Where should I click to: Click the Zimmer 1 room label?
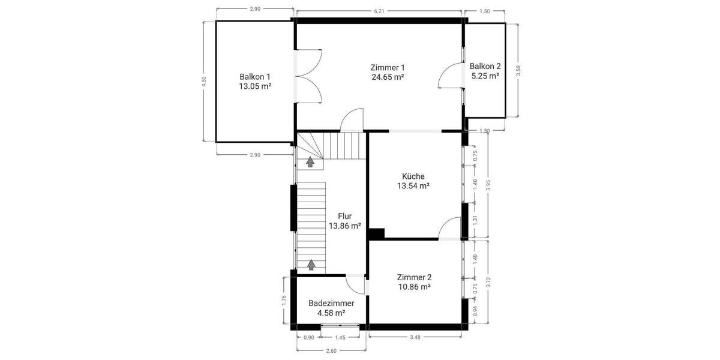click(387, 67)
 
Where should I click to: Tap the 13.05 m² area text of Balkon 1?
click(255, 86)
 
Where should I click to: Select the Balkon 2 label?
click(485, 66)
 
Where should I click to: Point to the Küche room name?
click(413, 176)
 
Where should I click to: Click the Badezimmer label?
click(331, 303)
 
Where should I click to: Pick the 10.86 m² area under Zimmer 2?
click(414, 287)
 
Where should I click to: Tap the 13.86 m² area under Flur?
click(344, 226)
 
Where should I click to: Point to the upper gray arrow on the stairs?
click(310, 161)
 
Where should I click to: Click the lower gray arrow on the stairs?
click(311, 263)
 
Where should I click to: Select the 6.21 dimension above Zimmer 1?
click(379, 11)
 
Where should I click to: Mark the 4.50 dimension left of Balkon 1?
click(204, 81)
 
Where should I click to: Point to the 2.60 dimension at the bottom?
click(331, 352)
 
